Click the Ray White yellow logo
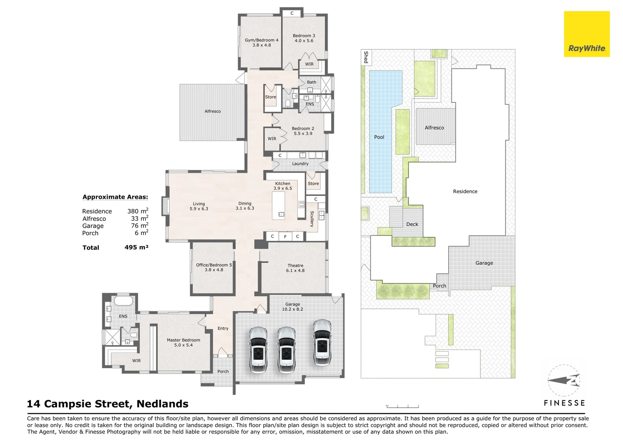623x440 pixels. pyautogui.click(x=587, y=34)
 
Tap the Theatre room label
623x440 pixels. pyautogui.click(x=295, y=266)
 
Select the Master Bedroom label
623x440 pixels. pyautogui.click(x=183, y=340)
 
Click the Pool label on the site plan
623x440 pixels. pyautogui.click(x=379, y=137)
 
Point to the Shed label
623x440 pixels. pyautogui.click(x=366, y=57)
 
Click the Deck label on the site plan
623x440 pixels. pyautogui.click(x=412, y=224)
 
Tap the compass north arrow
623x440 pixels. pyautogui.click(x=564, y=380)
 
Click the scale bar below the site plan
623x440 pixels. pyautogui.click(x=402, y=406)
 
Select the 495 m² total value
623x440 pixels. pyautogui.click(x=136, y=247)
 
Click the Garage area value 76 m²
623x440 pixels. pyautogui.click(x=140, y=225)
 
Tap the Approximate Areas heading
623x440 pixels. pyautogui.click(x=115, y=197)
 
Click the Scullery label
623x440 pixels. pyautogui.click(x=312, y=219)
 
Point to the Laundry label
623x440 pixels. pyautogui.click(x=300, y=163)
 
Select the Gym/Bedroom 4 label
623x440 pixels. pyautogui.click(x=262, y=40)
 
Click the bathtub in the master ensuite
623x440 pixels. pyautogui.click(x=123, y=301)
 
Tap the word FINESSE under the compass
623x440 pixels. pyautogui.click(x=564, y=403)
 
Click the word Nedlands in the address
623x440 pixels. pyautogui.click(x=163, y=404)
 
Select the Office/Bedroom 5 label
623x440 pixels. pyautogui.click(x=214, y=265)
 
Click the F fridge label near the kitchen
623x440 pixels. pyautogui.click(x=285, y=237)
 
